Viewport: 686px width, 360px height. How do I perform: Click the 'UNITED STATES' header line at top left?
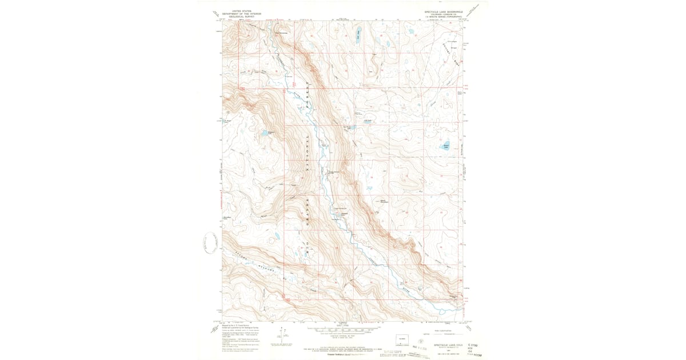[241, 11]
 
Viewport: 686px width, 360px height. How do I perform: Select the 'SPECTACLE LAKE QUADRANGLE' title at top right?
[441, 11]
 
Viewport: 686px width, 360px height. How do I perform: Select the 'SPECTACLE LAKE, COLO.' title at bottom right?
[442, 345]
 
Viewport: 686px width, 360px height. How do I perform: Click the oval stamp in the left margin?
[207, 245]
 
